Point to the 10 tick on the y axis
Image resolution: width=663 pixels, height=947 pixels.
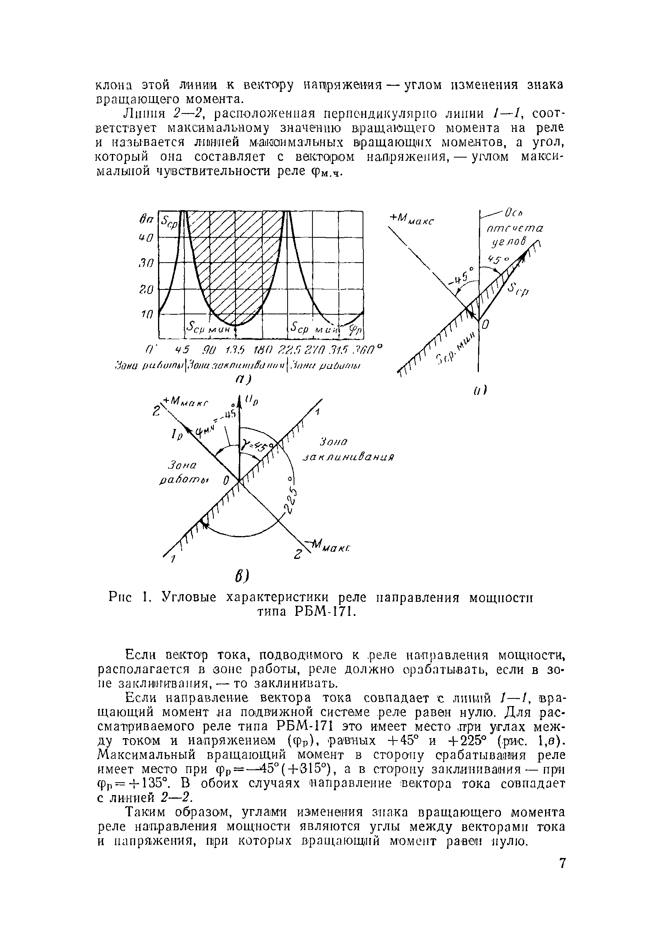click(x=148, y=315)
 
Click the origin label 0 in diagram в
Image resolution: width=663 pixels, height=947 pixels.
click(x=226, y=480)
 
